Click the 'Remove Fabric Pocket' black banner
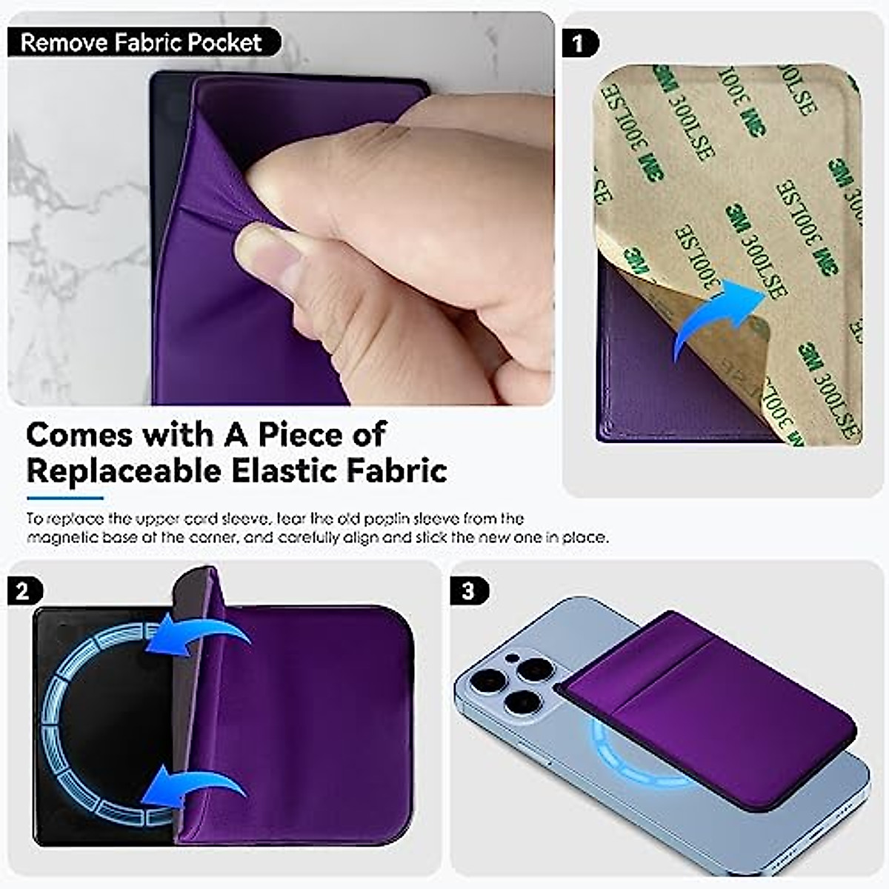tap(142, 42)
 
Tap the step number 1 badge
tap(579, 44)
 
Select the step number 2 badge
tap(23, 590)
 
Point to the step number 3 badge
tap(467, 590)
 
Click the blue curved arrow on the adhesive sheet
tap(715, 319)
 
